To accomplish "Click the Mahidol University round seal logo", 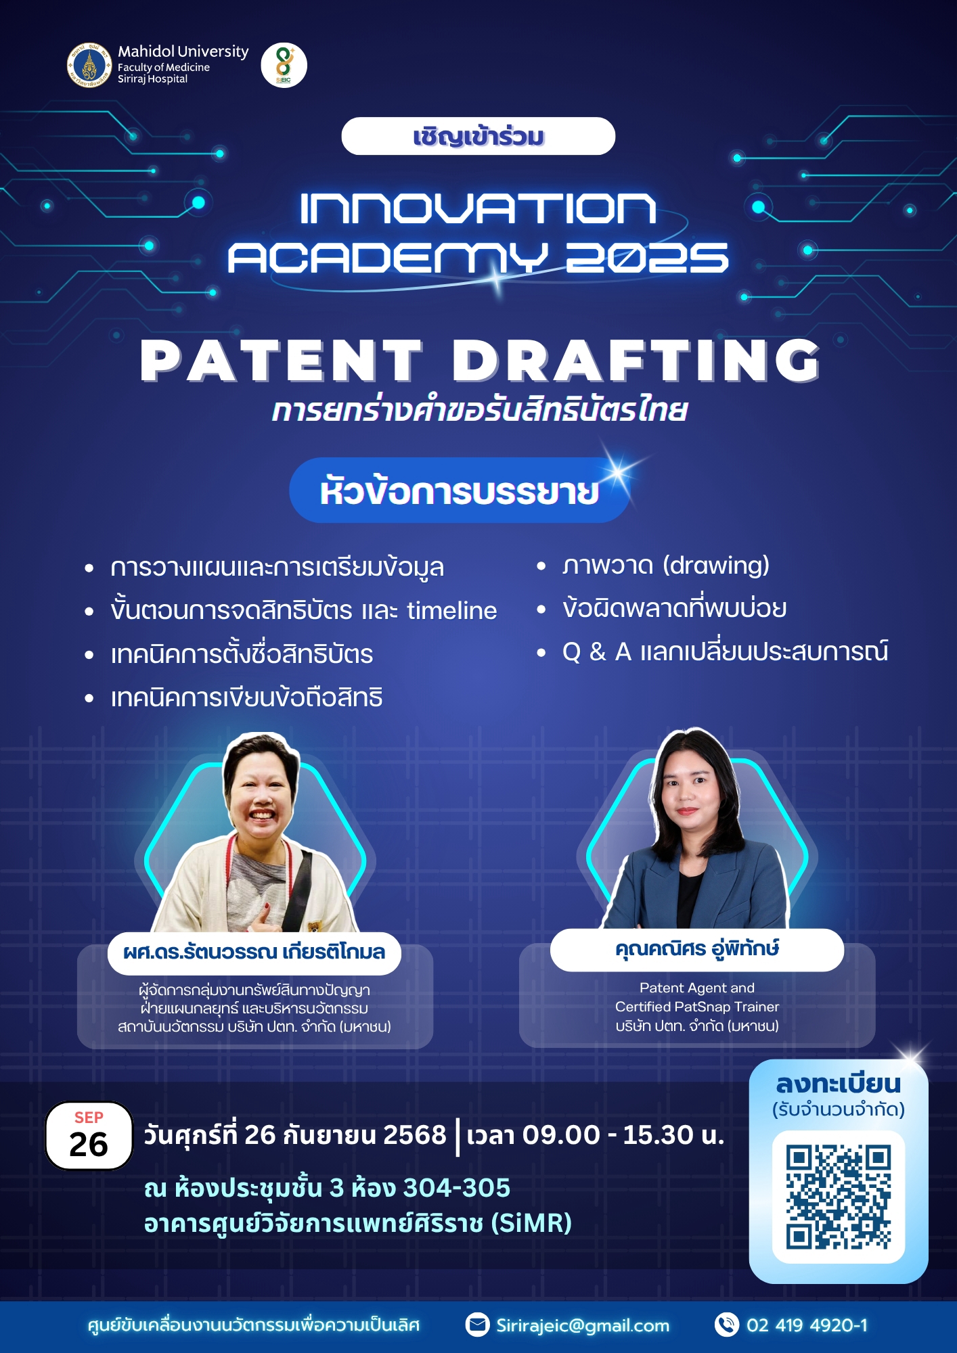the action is (x=89, y=66).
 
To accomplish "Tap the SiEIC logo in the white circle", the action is (x=284, y=66).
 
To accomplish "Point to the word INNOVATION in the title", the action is (x=478, y=208).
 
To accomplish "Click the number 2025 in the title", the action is (x=647, y=258).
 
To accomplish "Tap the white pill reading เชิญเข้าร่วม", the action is (x=478, y=136).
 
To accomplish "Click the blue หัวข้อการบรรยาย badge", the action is (x=460, y=490).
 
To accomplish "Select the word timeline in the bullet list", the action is (x=452, y=610).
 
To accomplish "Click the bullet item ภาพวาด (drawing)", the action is (x=665, y=566).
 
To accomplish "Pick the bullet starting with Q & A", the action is (x=725, y=651).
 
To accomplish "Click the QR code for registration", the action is (x=839, y=1197).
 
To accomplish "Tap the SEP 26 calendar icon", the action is (x=89, y=1136).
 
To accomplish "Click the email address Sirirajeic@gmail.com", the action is (x=583, y=1325).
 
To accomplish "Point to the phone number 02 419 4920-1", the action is (x=807, y=1325).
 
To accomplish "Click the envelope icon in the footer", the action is (x=478, y=1325).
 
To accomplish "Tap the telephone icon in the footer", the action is (x=727, y=1325).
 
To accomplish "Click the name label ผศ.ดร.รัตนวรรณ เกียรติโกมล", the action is (x=254, y=953).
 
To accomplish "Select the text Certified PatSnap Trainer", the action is (x=697, y=1007).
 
